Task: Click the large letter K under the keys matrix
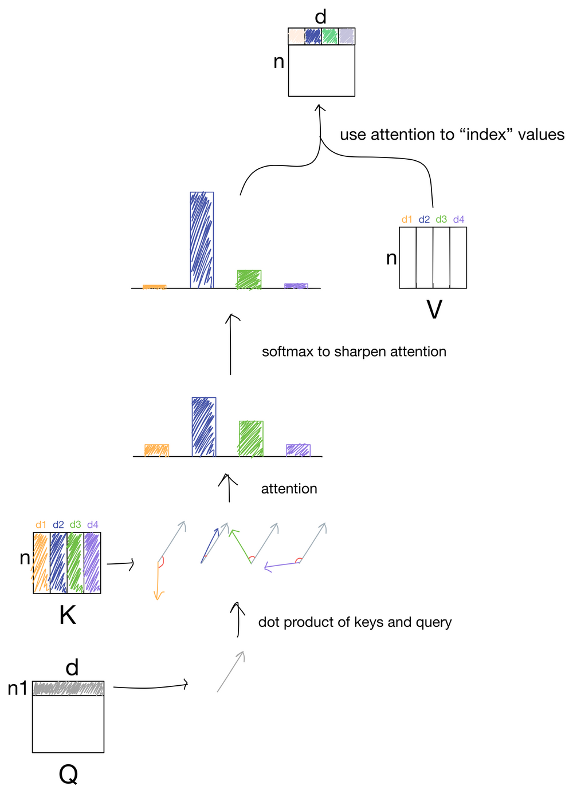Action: (x=68, y=615)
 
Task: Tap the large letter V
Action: (x=434, y=310)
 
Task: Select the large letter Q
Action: (x=68, y=775)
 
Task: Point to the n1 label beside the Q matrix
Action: (x=17, y=689)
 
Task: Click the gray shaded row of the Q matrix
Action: (x=68, y=688)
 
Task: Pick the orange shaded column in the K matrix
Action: (x=41, y=563)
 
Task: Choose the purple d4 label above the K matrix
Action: (x=93, y=524)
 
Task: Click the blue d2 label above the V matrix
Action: (x=424, y=219)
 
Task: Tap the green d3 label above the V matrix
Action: (x=441, y=219)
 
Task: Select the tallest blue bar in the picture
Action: (x=202, y=240)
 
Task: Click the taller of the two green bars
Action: (x=251, y=439)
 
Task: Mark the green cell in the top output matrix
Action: (x=329, y=36)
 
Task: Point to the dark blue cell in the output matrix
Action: (x=313, y=36)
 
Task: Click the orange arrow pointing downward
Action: (x=158, y=581)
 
